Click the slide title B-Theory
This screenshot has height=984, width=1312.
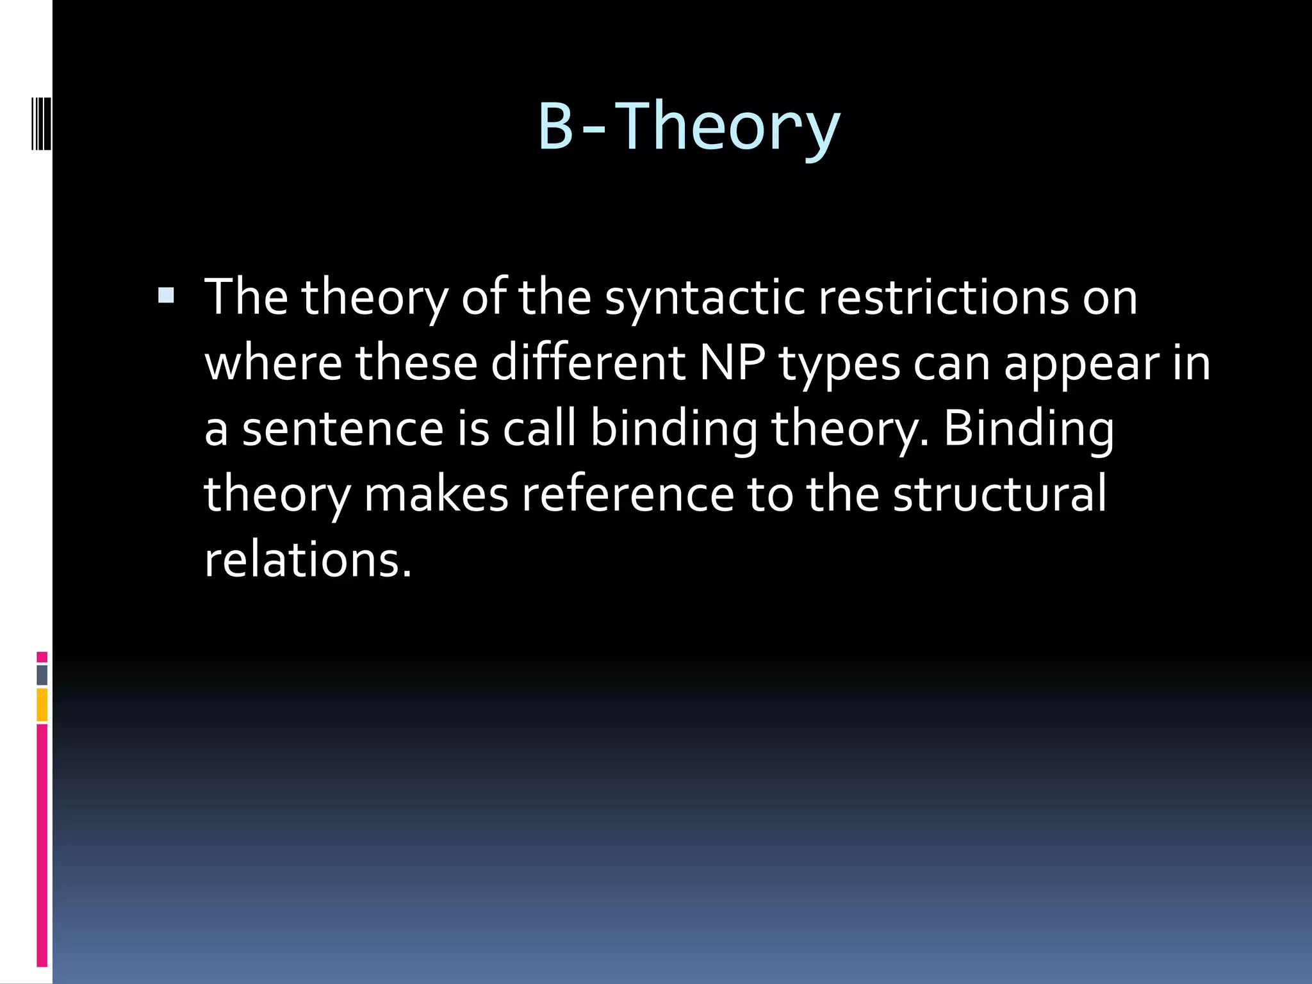pos(689,126)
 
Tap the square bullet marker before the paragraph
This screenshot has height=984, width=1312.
pos(166,295)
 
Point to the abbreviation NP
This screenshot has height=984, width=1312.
pos(732,363)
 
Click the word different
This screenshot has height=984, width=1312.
pos(588,363)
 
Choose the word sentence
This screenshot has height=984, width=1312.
pos(343,429)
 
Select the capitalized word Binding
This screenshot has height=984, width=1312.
pos(1029,429)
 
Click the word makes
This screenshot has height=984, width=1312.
pos(436,494)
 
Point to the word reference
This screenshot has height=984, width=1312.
pos(627,494)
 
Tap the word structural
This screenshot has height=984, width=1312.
pos(999,494)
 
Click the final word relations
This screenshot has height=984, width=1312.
pos(307,559)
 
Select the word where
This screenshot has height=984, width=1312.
pos(274,363)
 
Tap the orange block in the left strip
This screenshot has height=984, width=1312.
pos(42,705)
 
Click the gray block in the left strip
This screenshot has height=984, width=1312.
pos(42,675)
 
